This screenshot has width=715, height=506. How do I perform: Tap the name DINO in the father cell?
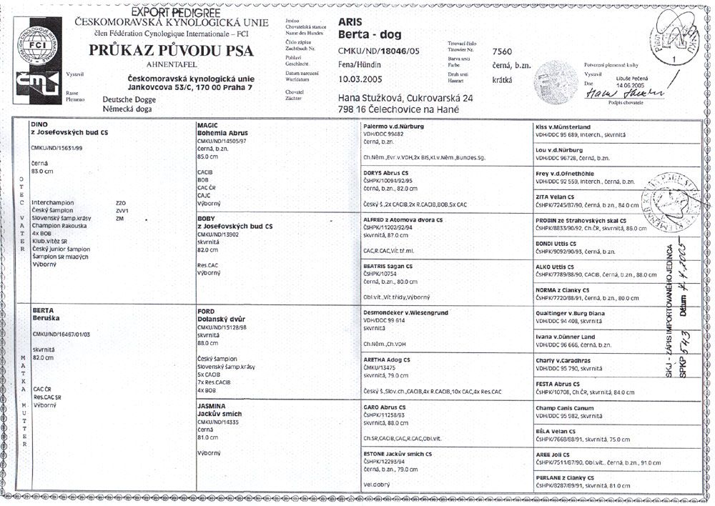click(x=39, y=125)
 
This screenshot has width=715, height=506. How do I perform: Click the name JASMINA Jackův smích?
click(x=222, y=410)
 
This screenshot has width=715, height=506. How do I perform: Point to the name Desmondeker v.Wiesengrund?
click(x=407, y=312)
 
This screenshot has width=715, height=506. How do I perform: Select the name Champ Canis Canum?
click(x=565, y=407)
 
